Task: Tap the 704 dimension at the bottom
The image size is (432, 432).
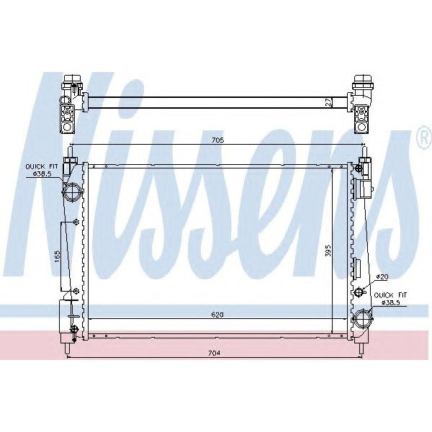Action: point(214,353)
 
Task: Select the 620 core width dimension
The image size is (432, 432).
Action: point(209,315)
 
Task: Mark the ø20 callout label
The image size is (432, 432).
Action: point(382,277)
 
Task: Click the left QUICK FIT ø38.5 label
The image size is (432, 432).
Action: point(40,170)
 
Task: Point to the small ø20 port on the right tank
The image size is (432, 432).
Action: point(361,292)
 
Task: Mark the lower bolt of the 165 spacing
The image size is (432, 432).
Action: point(76,291)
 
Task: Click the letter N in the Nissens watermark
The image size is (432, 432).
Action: point(79,187)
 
